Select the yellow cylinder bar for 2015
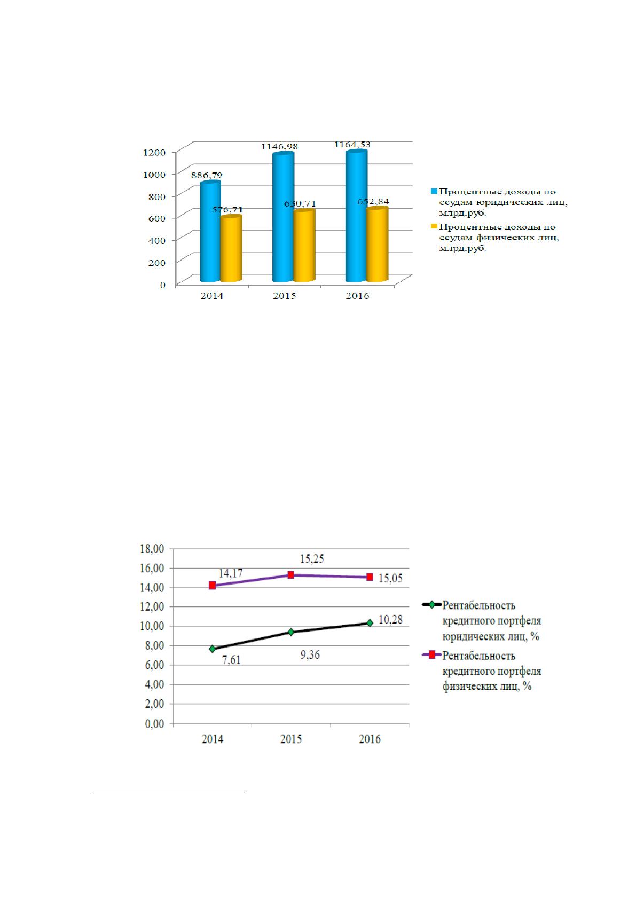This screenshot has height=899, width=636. pos(304,245)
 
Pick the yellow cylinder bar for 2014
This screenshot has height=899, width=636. pos(231,248)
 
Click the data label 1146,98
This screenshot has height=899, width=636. pos(279,146)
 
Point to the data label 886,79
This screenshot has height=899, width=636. pos(206,176)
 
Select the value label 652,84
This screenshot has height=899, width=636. pos(373,201)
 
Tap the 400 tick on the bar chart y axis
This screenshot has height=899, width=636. pos(157,240)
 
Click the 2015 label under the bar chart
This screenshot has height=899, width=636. pos(284,296)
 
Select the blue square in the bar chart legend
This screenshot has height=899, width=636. pos(434,192)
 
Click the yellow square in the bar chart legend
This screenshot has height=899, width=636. pos(434,227)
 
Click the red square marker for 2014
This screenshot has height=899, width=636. pos(212,586)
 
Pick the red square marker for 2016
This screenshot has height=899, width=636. pos(370,577)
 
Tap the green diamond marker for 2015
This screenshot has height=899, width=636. pos(291,632)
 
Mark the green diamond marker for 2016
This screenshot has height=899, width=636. pos(370,623)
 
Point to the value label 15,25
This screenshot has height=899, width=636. pos(312,558)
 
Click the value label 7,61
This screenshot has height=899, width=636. pos(232,660)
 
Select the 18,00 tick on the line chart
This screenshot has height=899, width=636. pos(152,549)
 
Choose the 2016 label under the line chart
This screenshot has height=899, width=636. pos(370,739)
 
